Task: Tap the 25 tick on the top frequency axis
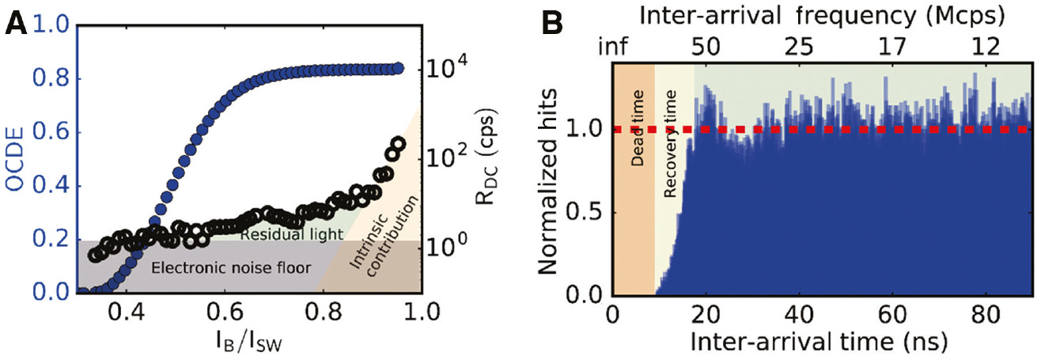pyautogui.click(x=800, y=47)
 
